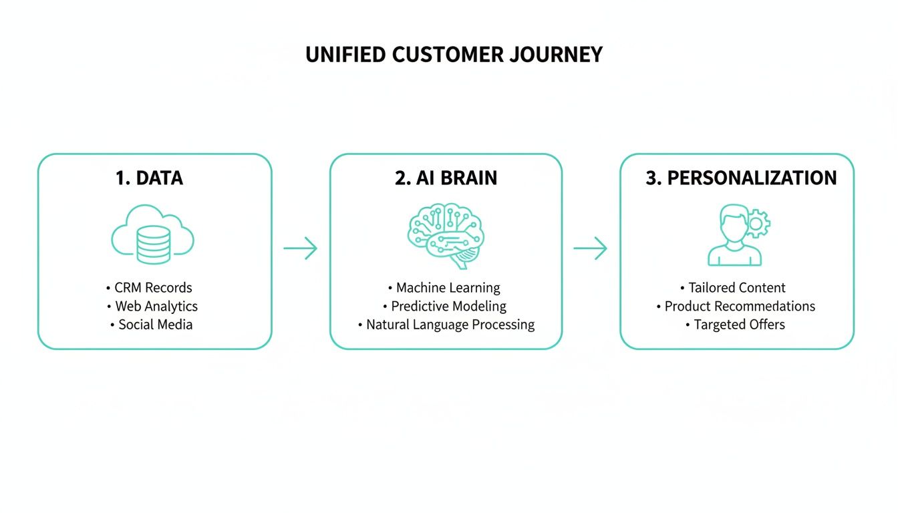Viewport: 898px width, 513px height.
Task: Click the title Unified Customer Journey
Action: coord(454,54)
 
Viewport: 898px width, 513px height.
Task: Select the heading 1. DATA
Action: coord(149,178)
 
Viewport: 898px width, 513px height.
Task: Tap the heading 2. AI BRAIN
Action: coord(446,178)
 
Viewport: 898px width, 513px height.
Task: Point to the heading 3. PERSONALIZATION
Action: coord(740,178)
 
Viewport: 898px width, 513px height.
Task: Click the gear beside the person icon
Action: coord(758,224)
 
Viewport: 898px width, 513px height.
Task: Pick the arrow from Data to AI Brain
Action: coord(300,248)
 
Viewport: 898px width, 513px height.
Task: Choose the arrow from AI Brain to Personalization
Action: coord(590,248)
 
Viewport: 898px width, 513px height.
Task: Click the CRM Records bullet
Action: coord(152,288)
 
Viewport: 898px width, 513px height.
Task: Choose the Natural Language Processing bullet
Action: coord(450,325)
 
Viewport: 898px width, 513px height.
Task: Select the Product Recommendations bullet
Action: coord(739,307)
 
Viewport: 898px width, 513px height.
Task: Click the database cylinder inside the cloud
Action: coord(153,244)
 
